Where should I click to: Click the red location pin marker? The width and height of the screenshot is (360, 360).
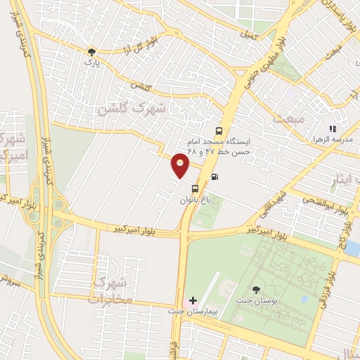181,166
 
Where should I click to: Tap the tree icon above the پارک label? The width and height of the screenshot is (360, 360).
91,51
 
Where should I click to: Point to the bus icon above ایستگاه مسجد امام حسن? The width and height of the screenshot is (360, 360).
219,131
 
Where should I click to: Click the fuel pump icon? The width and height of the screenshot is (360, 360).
214,176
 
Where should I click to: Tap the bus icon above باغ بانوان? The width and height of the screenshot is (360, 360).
194,188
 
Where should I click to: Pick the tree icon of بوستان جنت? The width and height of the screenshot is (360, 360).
255,289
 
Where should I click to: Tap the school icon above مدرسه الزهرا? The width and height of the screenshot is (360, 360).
332,129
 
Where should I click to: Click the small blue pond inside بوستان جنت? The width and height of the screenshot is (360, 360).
304,300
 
